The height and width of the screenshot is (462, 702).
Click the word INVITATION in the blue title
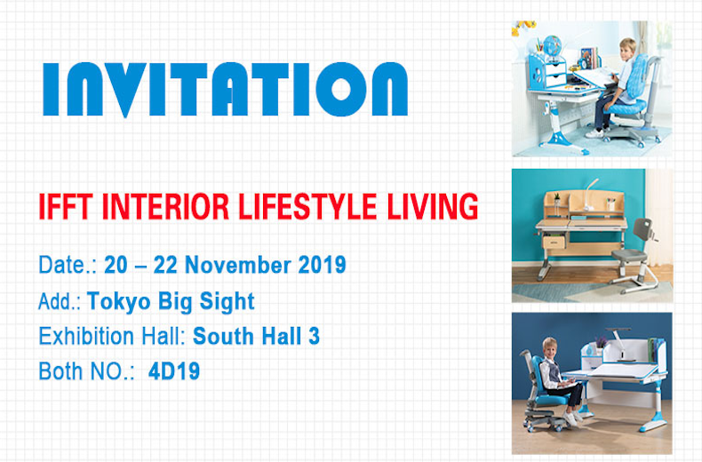click(225, 89)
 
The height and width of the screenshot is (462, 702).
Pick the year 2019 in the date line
click(319, 265)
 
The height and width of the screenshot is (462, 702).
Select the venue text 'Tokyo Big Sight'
click(171, 301)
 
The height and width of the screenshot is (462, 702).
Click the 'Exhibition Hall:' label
click(113, 337)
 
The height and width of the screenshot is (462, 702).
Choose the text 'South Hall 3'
click(257, 337)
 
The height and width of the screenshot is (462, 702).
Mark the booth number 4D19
click(175, 371)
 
